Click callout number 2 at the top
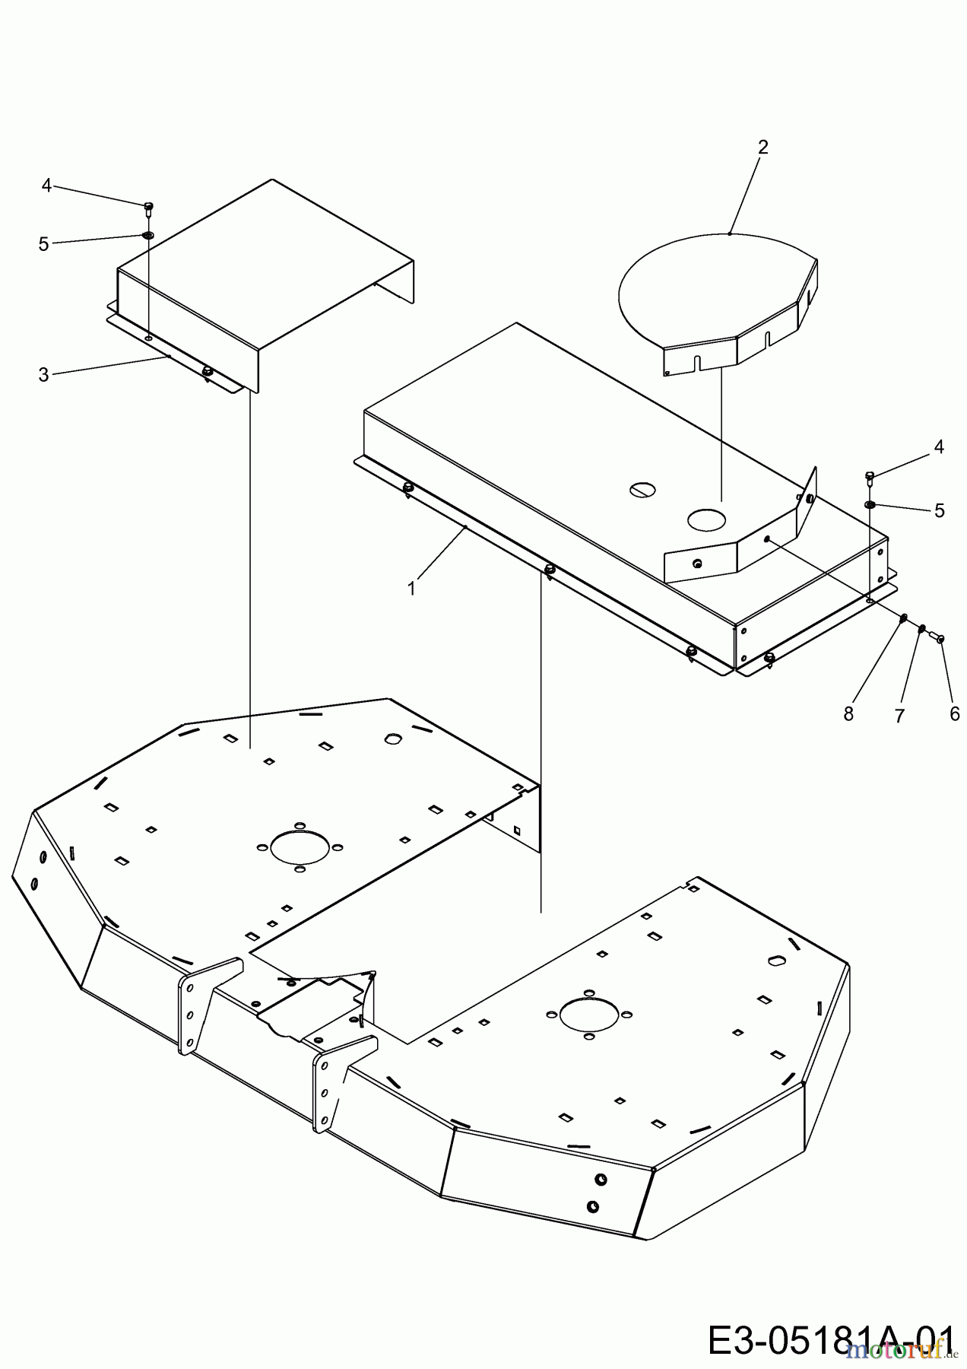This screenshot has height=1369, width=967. coord(763,147)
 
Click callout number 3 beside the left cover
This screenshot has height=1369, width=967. coord(43,375)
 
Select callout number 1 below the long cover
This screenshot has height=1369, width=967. coord(411,589)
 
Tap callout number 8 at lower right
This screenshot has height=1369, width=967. coord(848,713)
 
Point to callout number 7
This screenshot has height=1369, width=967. coord(899,716)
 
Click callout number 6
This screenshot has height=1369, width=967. coord(954,713)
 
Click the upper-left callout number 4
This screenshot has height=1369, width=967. coord(46,185)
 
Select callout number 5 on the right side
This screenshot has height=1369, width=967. coord(940,510)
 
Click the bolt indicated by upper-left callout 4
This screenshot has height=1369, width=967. coord(149,206)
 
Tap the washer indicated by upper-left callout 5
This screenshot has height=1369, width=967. coord(148,235)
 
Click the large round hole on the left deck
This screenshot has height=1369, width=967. coord(300,846)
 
